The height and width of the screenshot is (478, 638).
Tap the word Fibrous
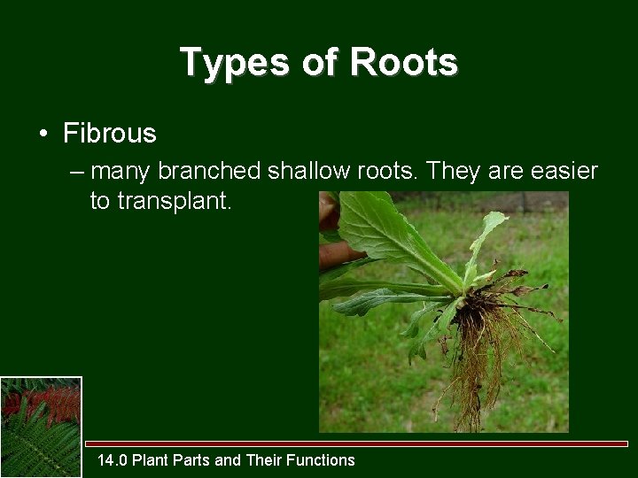[x=110, y=134]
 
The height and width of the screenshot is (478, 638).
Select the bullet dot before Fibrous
[x=43, y=135]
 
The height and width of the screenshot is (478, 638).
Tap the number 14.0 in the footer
[x=112, y=459]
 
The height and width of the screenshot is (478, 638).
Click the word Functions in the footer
[x=322, y=459]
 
